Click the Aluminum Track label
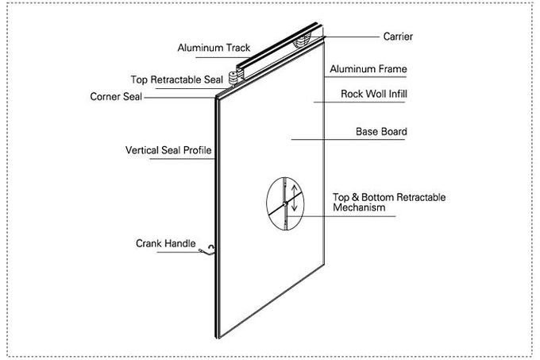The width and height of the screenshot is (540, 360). pyautogui.click(x=214, y=48)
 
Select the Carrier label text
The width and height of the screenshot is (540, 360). pyautogui.click(x=398, y=37)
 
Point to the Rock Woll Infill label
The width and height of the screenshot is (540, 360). pyautogui.click(x=374, y=93)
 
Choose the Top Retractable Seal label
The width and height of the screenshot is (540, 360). pyautogui.click(x=177, y=79)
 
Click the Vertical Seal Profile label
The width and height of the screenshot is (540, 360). pyautogui.click(x=169, y=149)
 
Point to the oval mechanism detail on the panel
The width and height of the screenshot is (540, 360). pyautogui.click(x=284, y=203)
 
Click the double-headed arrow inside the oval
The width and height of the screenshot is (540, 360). pyautogui.click(x=295, y=198)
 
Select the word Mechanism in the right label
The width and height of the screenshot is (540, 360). pyautogui.click(x=359, y=207)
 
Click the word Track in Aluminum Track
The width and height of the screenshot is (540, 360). pyautogui.click(x=237, y=48)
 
